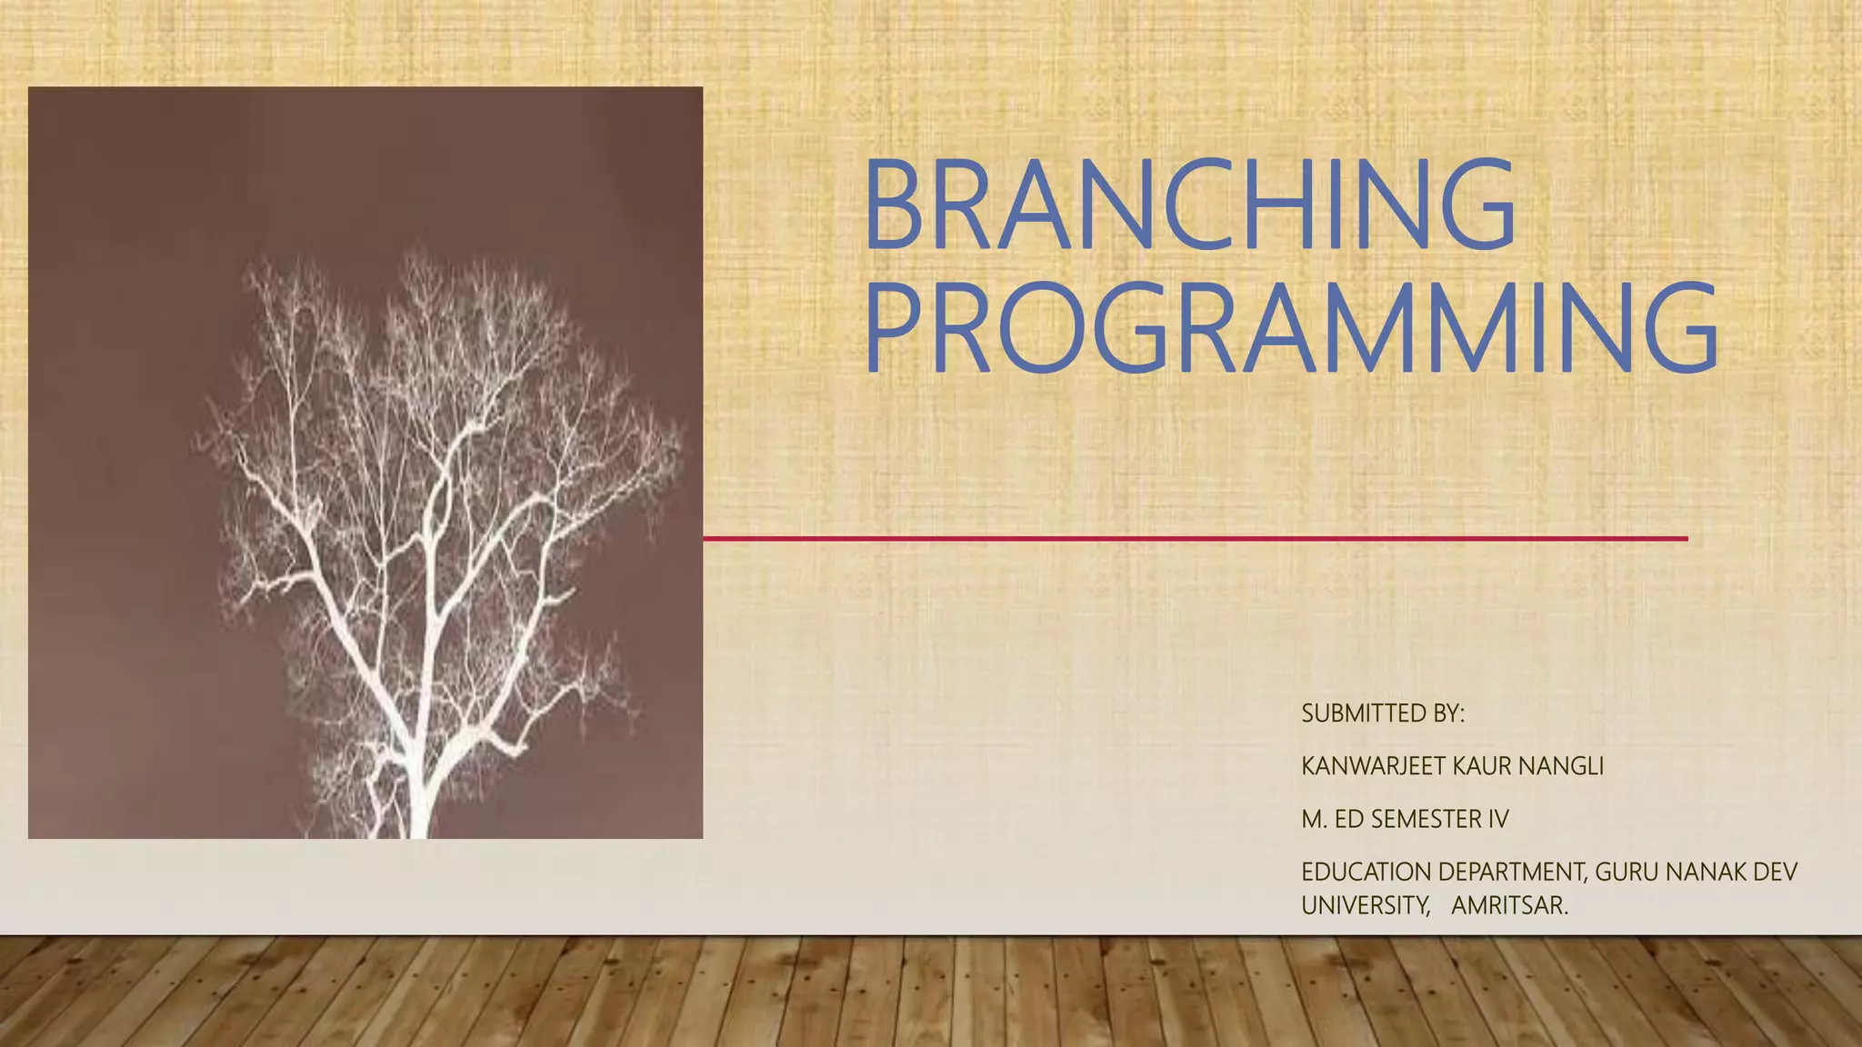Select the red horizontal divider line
[1195, 539]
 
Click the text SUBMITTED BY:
[1383, 714]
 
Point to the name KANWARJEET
[1374, 767]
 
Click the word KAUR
[1482, 767]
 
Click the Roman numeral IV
[1498, 820]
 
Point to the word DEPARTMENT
[1512, 872]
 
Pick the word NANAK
[1707, 872]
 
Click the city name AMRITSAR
[1509, 906]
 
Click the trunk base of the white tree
[418, 818]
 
